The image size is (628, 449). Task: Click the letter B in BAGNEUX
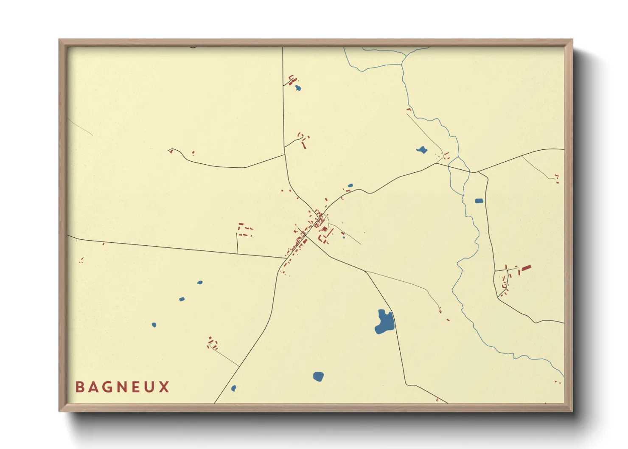[79, 387]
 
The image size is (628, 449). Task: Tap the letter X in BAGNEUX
[165, 387]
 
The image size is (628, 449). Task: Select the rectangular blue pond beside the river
[479, 201]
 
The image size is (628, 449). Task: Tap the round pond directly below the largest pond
[318, 376]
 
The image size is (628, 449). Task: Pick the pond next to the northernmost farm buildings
[298, 88]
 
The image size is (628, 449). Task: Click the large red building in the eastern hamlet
[526, 268]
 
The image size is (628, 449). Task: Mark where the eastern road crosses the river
[470, 171]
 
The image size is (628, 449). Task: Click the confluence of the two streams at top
[402, 64]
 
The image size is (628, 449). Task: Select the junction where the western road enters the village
[286, 258]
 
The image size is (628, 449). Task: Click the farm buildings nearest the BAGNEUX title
[212, 343]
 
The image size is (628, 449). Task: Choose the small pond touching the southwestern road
[233, 388]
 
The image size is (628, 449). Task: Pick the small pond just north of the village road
[350, 185]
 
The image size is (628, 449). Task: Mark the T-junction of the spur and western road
[237, 254]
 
